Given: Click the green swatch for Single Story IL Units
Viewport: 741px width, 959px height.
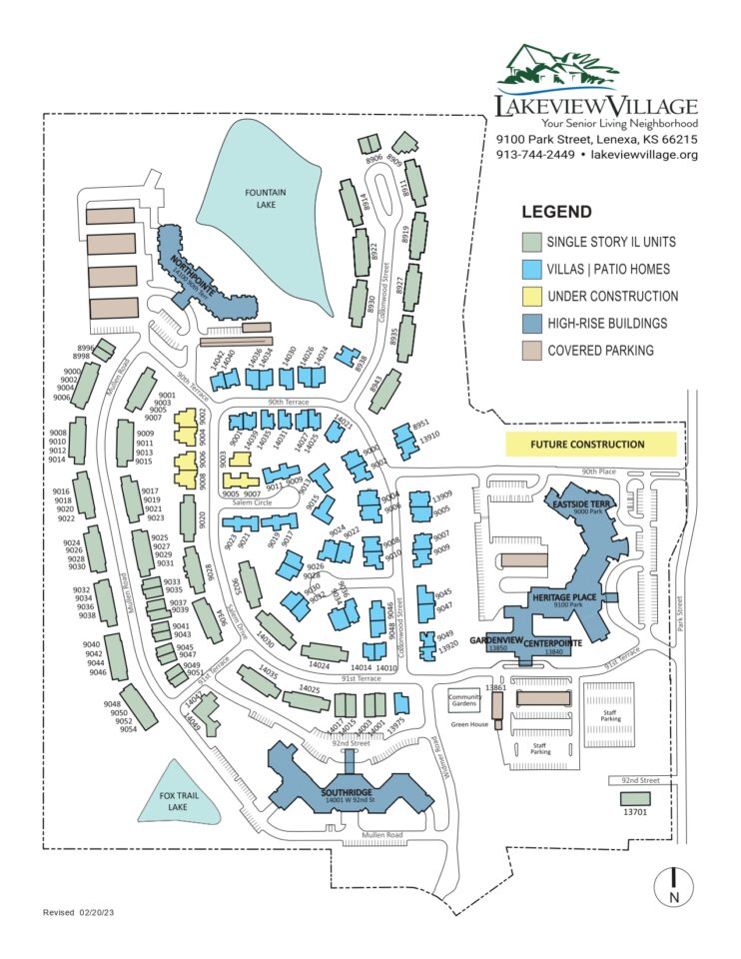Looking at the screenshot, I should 531,243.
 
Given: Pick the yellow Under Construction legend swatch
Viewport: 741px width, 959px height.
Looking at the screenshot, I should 531,297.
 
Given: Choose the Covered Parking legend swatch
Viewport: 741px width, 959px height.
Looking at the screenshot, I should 531,351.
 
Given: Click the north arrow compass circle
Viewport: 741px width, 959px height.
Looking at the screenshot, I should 674,884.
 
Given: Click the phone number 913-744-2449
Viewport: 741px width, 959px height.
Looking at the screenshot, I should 535,155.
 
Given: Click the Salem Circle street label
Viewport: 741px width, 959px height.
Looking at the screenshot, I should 249,502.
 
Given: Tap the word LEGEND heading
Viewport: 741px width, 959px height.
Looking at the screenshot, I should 556,212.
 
